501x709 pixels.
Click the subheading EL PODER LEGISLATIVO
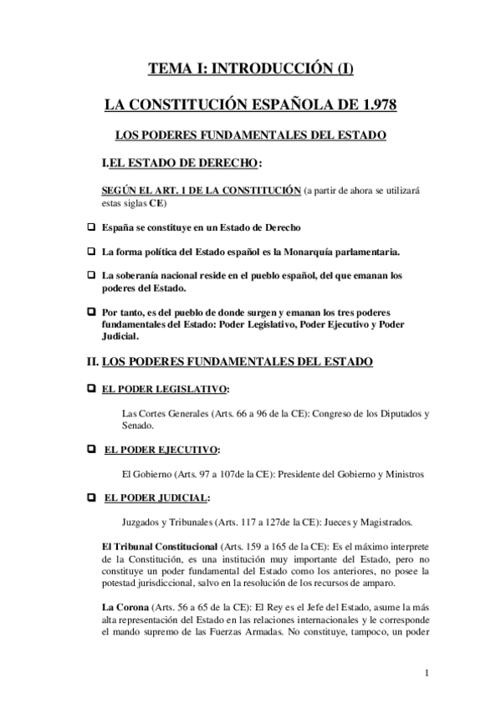click(x=165, y=390)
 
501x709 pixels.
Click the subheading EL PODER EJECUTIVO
click(x=161, y=450)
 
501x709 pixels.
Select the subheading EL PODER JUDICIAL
click(x=156, y=498)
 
